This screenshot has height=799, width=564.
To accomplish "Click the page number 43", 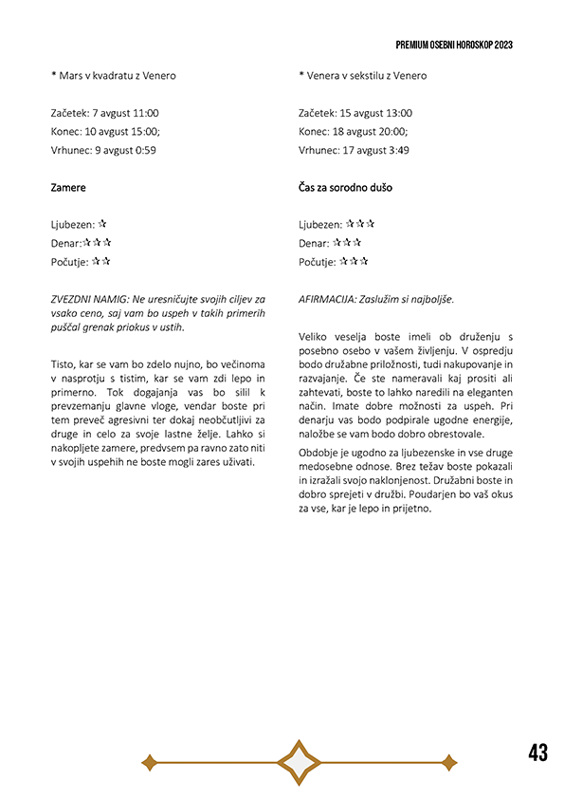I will (x=537, y=753).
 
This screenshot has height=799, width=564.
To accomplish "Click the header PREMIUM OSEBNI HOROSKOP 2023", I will (x=454, y=45).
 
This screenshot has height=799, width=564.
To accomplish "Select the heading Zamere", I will (x=68, y=188).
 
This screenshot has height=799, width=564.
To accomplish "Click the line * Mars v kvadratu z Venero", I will (x=114, y=75).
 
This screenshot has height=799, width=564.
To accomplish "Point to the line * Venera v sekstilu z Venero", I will (x=362, y=75).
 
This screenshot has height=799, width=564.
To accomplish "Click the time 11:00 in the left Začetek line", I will (x=145, y=113).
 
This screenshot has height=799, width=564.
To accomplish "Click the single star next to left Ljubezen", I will (x=102, y=224).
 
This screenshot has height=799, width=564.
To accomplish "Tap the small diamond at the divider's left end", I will (x=148, y=761).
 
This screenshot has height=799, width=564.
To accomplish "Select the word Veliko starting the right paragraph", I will (x=315, y=336).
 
